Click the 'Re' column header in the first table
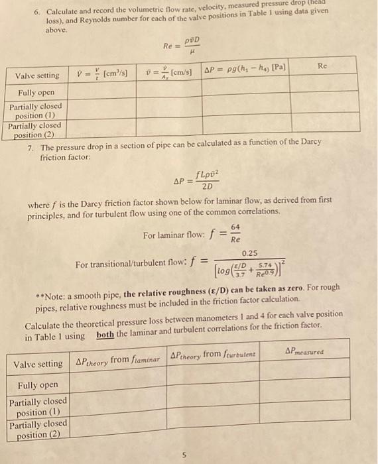pyautogui.click(x=323, y=67)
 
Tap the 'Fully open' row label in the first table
pyautogui.click(x=31, y=92)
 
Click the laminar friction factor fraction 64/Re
pyautogui.click(x=235, y=233)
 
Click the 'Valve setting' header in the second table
pyautogui.click(x=38, y=364)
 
